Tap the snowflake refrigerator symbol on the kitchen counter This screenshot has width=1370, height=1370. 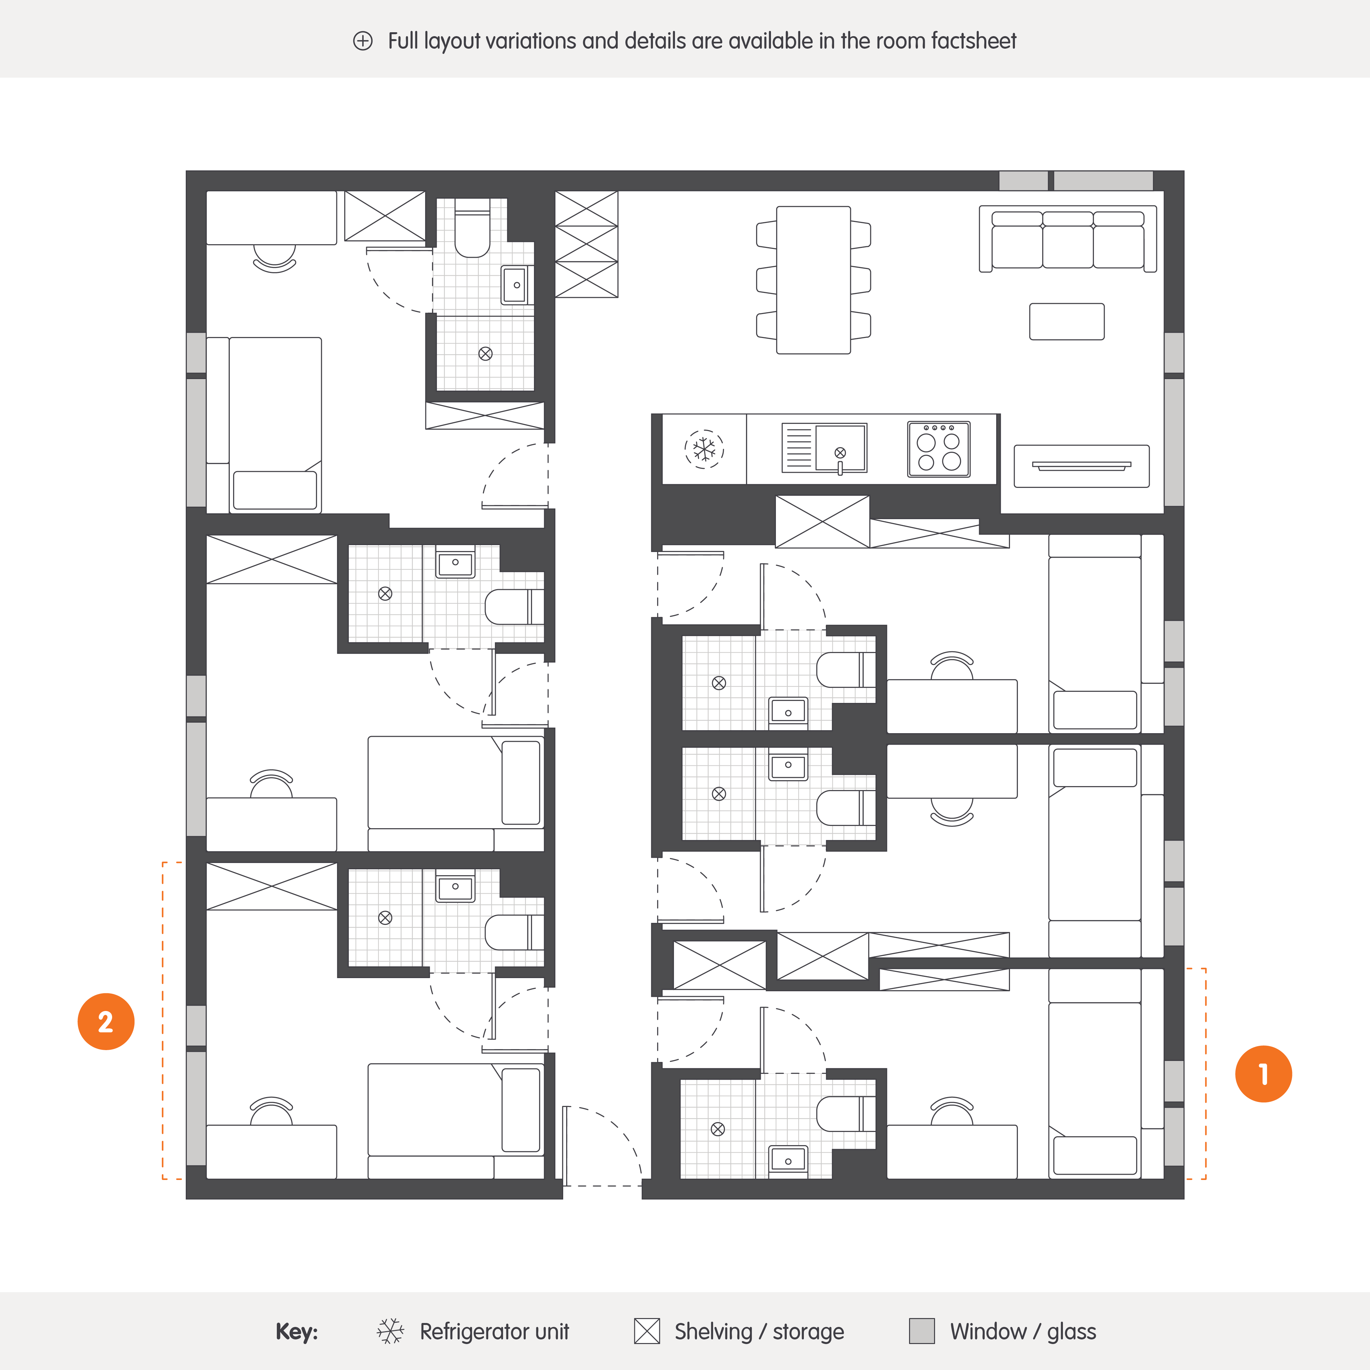[704, 449]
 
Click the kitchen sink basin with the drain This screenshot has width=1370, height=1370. [840, 447]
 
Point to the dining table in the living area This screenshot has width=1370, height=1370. [813, 280]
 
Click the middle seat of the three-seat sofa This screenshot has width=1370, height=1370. [1068, 240]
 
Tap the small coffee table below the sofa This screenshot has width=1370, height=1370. [1067, 321]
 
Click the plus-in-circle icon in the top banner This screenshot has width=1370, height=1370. [362, 41]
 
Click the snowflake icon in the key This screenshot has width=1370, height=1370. [390, 1331]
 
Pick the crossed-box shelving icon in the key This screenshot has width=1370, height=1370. [647, 1331]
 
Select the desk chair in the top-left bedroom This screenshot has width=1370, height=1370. [275, 259]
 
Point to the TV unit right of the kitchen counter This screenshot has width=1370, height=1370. [1081, 466]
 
